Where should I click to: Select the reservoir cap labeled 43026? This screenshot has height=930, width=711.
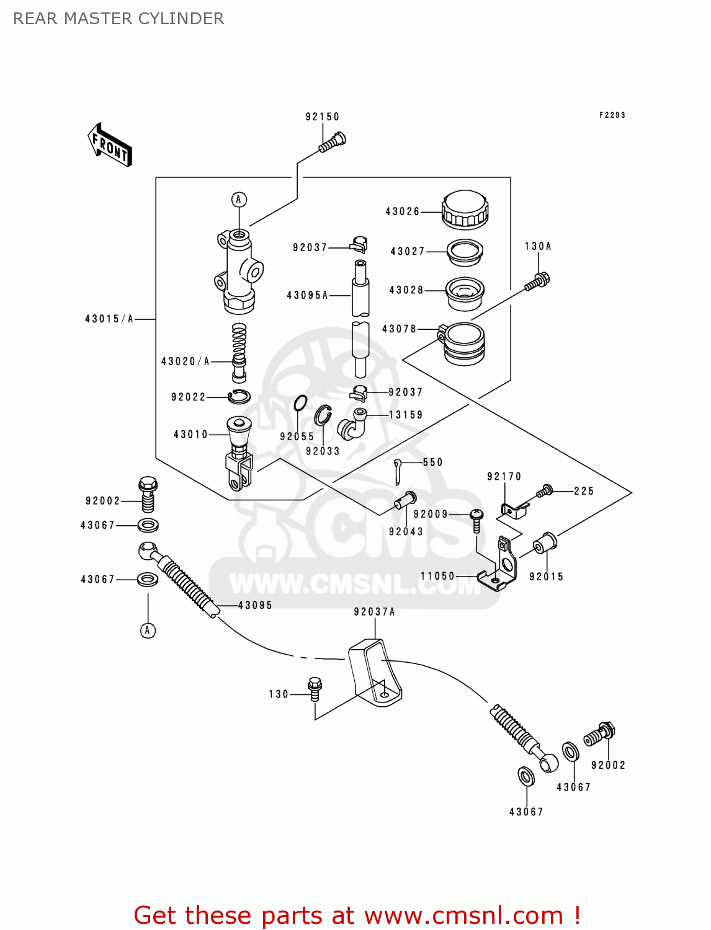[465, 210]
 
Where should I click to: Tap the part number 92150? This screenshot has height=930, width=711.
[322, 117]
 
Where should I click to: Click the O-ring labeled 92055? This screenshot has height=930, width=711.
[300, 403]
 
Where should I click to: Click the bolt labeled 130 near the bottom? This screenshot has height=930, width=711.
[315, 688]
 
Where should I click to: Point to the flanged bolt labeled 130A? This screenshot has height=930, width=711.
[537, 281]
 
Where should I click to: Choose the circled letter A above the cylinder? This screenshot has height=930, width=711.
[239, 200]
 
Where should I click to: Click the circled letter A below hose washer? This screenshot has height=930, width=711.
[148, 631]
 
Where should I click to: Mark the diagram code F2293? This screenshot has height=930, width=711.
[612, 115]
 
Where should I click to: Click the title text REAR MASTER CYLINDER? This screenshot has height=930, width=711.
[118, 19]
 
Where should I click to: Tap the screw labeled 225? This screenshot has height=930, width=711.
[545, 491]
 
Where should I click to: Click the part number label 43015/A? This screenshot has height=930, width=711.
[109, 319]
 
